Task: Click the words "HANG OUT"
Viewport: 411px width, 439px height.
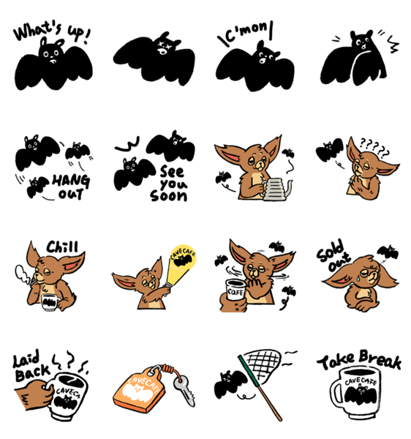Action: (72, 187)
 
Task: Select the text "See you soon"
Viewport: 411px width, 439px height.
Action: (169, 184)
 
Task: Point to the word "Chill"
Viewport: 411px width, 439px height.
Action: (62, 247)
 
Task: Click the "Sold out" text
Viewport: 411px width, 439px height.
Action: (333, 255)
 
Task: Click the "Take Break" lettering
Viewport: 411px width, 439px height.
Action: (359, 360)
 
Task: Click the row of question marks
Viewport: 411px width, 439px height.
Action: (374, 147)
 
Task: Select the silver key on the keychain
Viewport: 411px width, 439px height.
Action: (184, 390)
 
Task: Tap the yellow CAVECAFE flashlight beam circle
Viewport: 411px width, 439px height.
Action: (184, 257)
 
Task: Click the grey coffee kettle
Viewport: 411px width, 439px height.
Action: (276, 189)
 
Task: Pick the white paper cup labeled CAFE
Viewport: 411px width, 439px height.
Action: (235, 290)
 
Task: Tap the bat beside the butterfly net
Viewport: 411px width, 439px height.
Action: (230, 384)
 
